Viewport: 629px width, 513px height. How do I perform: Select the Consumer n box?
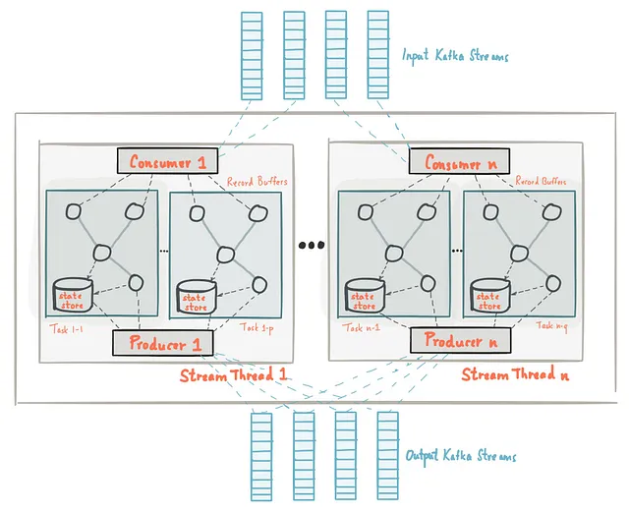454,163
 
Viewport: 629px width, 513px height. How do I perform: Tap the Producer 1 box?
163,344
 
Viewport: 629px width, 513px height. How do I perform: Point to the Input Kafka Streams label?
456,56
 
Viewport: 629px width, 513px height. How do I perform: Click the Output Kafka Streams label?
460,456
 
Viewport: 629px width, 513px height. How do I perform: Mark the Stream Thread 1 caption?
233,376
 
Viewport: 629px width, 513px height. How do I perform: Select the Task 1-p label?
255,327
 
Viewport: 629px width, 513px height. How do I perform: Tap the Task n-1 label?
359,327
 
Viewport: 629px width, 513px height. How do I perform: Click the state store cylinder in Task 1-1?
72,296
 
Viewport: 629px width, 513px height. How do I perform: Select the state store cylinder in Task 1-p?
195,299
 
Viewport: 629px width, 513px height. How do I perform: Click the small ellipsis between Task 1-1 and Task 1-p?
163,252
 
